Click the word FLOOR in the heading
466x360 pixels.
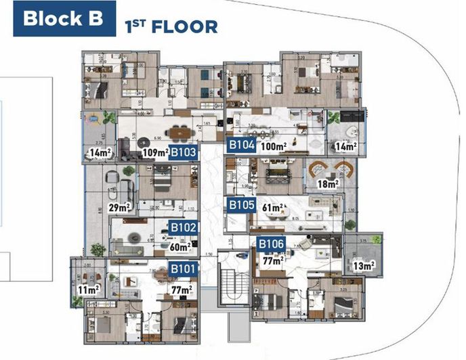pyautogui.click(x=184, y=27)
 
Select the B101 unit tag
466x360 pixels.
pyautogui.click(x=183, y=270)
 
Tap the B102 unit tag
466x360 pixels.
pyautogui.click(x=183, y=228)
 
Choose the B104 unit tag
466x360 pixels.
pyautogui.click(x=241, y=144)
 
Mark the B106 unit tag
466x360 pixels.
pyautogui.click(x=270, y=244)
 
